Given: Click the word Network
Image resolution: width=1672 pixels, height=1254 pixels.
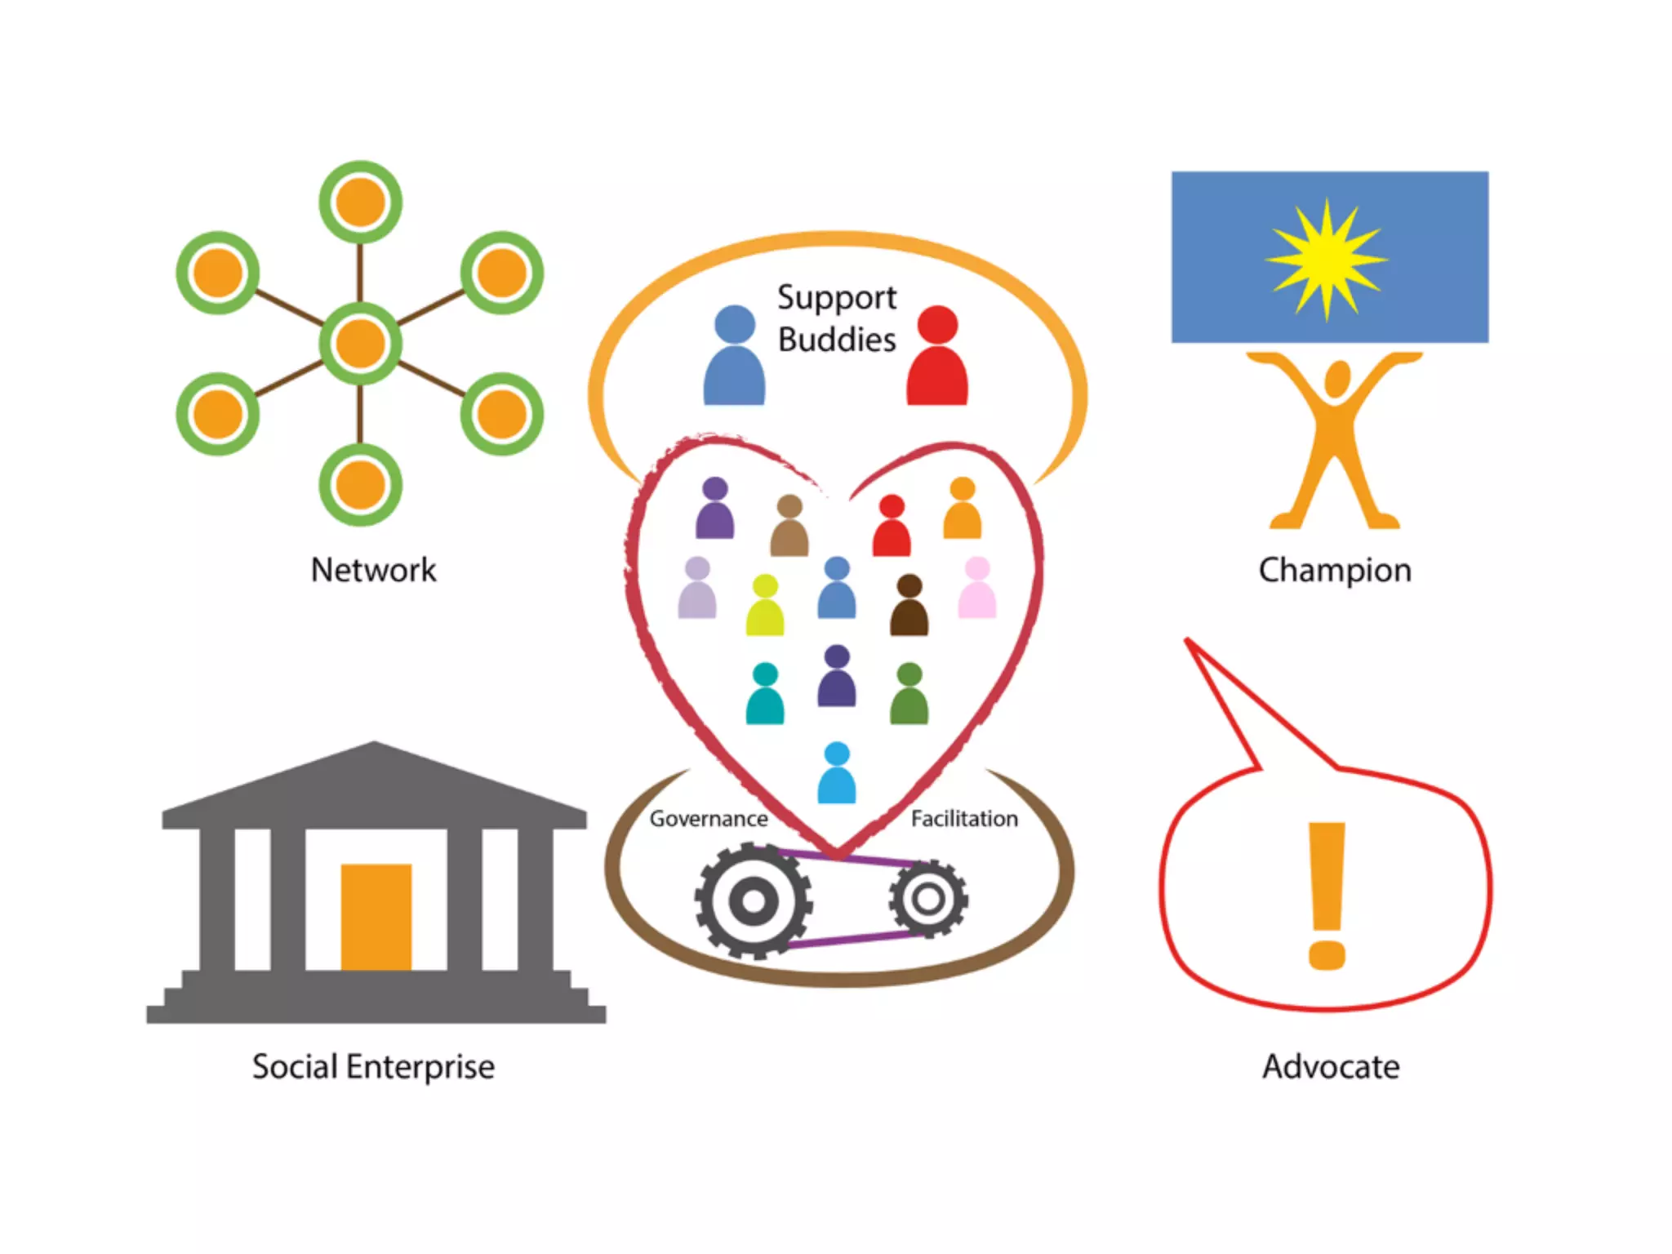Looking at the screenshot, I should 373,570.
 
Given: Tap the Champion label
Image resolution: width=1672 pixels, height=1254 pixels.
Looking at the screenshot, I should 1334,570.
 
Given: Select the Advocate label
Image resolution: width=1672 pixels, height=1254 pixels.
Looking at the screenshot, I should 1331,1066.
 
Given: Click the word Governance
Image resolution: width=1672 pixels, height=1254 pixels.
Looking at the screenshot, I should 708,818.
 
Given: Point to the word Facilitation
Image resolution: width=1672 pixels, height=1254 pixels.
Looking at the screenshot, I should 964,818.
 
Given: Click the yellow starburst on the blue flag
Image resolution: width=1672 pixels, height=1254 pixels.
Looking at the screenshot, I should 1327,259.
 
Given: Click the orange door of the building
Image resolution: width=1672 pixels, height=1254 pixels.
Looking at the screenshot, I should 376,916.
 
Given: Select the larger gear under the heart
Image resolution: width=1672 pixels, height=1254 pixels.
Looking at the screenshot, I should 754,901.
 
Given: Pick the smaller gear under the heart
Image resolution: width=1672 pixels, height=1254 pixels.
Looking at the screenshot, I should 928,899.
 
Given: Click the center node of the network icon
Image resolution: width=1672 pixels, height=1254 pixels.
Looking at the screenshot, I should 360,343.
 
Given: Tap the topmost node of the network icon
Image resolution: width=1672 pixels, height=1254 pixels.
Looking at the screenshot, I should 360,202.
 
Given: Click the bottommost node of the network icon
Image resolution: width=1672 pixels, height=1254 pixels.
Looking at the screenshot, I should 360,485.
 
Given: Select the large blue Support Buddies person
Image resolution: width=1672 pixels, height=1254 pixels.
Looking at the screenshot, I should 734,359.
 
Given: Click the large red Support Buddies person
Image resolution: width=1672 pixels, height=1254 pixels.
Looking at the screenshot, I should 937,359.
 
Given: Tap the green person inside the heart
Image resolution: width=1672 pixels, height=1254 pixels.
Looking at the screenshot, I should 909,696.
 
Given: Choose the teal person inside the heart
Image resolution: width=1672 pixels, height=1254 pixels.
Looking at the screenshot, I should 765,696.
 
